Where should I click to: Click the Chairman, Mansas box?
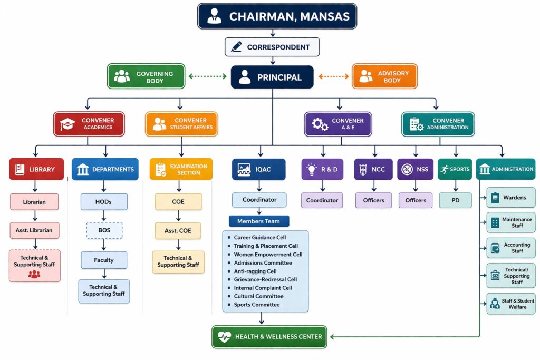pos(277,16)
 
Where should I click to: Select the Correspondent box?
pos(272,47)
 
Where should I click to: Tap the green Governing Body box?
pos(146,76)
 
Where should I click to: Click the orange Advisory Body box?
pos(384,76)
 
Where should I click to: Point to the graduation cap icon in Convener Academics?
pos(67,124)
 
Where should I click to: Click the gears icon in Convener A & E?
pos(320,124)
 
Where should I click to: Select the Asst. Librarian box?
pos(34,230)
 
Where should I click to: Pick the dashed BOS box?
pos(104,230)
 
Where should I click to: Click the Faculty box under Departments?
pos(104,260)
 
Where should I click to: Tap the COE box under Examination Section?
pos(178,201)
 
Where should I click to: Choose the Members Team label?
pos(259,221)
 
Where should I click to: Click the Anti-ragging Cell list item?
pos(255,271)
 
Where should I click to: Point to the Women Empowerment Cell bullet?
pos(229,255)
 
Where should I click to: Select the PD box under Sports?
pos(455,200)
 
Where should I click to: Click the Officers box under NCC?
pos(373,200)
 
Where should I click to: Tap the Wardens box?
pos(510,198)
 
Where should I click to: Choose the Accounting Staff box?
pos(510,248)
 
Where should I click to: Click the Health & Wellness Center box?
pos(269,336)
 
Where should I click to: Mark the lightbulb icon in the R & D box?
pos(312,170)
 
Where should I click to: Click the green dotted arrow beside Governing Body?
pos(207,76)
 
